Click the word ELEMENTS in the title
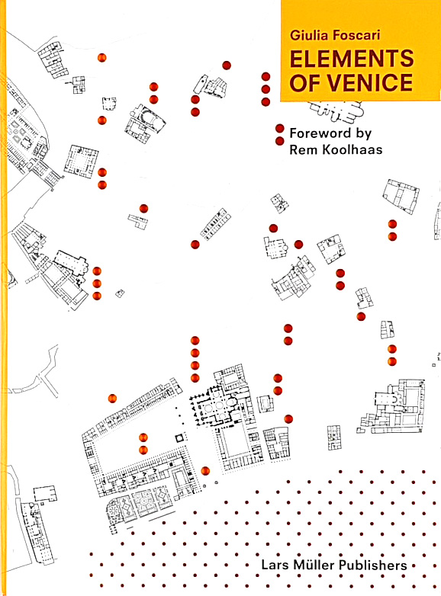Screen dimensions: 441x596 tap(352, 58)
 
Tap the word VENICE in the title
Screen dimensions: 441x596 tap(369, 82)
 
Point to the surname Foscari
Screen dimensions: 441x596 tap(356, 35)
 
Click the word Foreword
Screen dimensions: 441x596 tap(320, 133)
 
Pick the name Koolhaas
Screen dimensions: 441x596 tap(352, 149)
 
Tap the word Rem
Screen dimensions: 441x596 tap(304, 149)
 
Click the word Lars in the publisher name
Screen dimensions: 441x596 tap(275, 565)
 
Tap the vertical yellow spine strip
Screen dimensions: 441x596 tap(3, 298)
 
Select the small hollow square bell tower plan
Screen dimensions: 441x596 tap(179, 438)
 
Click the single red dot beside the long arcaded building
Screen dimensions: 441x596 tap(112, 399)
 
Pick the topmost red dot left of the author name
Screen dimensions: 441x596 tap(266, 76)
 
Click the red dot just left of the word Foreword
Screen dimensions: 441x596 tap(280, 129)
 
